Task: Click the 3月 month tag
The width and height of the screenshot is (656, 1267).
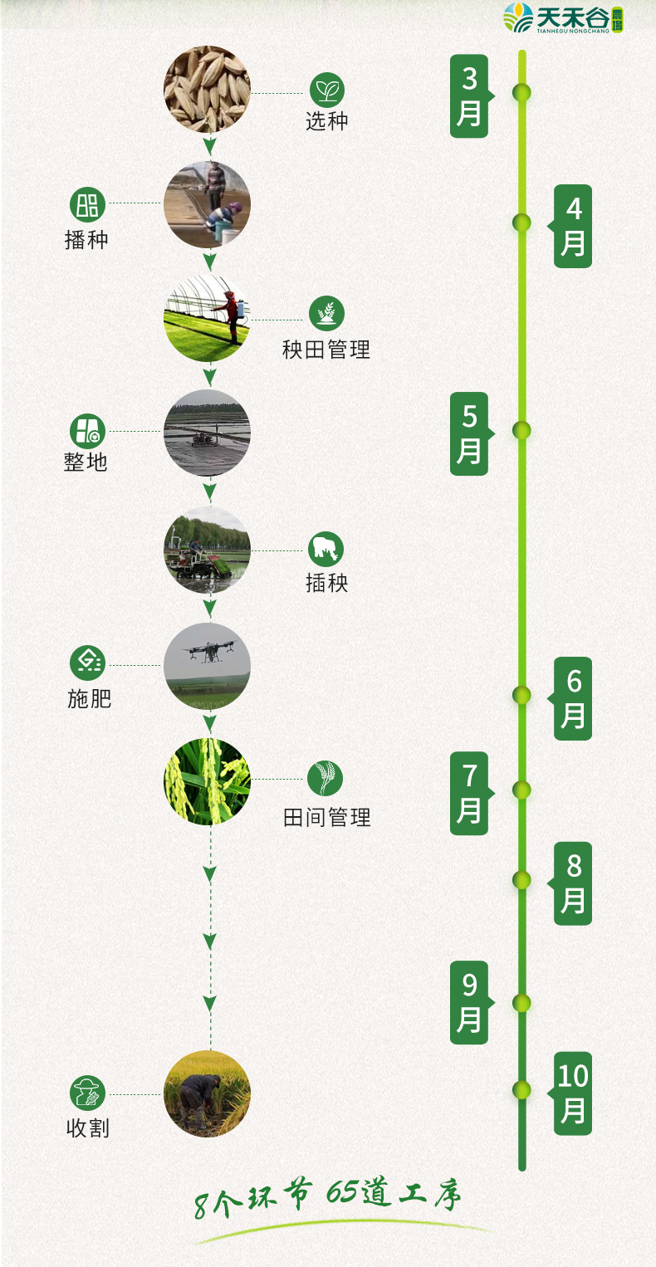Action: tap(469, 95)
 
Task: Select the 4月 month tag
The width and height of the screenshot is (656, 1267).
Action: tap(573, 226)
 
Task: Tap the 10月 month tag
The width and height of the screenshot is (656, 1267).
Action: tap(573, 1093)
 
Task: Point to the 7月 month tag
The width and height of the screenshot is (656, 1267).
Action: tap(469, 793)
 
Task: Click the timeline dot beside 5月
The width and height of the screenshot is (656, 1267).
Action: tap(521, 430)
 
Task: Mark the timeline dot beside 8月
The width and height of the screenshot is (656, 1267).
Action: tap(521, 879)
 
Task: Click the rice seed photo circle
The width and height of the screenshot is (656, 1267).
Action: tap(207, 89)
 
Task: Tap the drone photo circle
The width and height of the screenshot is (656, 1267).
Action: tap(207, 666)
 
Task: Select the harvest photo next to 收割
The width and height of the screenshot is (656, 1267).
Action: tap(207, 1093)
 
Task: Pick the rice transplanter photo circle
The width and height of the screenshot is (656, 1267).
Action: tap(207, 550)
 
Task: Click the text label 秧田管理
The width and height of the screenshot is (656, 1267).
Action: tap(326, 350)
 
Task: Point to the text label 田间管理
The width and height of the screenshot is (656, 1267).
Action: tap(326, 818)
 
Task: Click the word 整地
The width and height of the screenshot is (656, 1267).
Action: tap(86, 462)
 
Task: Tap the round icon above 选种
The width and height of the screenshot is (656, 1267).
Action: tap(327, 90)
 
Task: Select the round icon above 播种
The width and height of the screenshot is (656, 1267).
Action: tap(87, 203)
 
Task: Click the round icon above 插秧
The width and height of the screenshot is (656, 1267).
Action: tap(326, 549)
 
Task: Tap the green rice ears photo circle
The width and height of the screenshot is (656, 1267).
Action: tap(207, 781)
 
